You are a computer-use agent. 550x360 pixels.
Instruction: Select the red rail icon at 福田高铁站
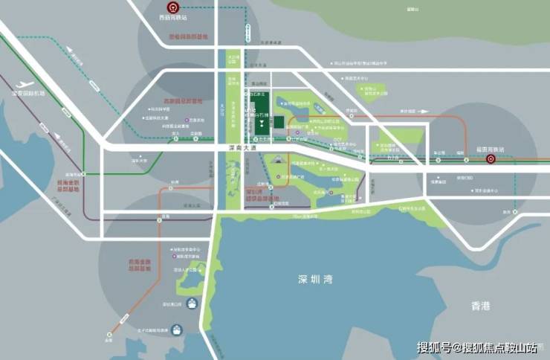(491, 158)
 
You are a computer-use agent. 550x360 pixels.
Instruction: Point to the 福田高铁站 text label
(491, 149)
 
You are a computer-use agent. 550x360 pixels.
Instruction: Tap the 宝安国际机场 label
(29, 94)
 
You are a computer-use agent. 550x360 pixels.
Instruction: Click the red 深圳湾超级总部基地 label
(257, 195)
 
